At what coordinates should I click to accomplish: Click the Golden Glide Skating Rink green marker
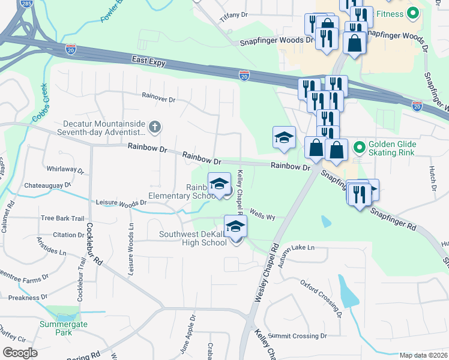[x=359, y=146]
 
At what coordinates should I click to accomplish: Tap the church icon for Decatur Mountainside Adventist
[x=155, y=127]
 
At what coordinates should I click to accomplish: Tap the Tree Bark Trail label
[x=62, y=218]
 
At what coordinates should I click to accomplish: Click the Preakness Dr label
[x=23, y=297]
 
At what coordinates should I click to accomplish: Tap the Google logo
[x=20, y=353]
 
